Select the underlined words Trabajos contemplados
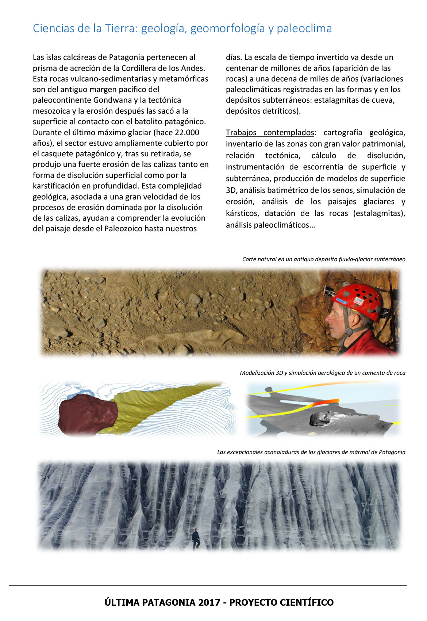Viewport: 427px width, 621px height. pos(270,132)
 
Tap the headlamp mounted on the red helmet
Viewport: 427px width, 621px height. pos(330,291)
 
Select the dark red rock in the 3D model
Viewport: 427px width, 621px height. pos(88,415)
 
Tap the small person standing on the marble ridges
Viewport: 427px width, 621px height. pos(196,539)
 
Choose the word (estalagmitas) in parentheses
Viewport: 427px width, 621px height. pos(379,213)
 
